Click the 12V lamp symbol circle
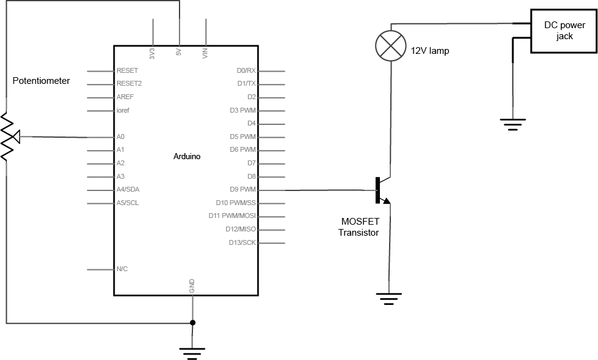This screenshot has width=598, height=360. pos(390,46)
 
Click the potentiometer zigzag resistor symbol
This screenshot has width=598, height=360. pos(7,137)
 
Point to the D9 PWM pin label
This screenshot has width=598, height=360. pos(243,190)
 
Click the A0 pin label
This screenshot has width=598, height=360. pos(121,137)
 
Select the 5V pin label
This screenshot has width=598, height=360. pos(178,53)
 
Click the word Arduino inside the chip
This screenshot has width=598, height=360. pos(187,156)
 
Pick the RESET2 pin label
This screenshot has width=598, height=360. pos(129,83)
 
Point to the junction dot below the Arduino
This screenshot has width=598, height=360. pos(192,323)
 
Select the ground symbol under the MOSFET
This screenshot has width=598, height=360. pos(387,299)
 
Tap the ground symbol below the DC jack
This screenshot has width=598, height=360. pos(512,125)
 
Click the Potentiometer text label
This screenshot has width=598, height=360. pos(41,81)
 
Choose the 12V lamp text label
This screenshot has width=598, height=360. pos(430,51)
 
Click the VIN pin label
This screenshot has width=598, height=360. pos(205,53)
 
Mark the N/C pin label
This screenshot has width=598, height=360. pos(122,269)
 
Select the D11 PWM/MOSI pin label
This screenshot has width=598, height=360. pos(232,216)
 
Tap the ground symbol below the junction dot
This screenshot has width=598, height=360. pos(192,352)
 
